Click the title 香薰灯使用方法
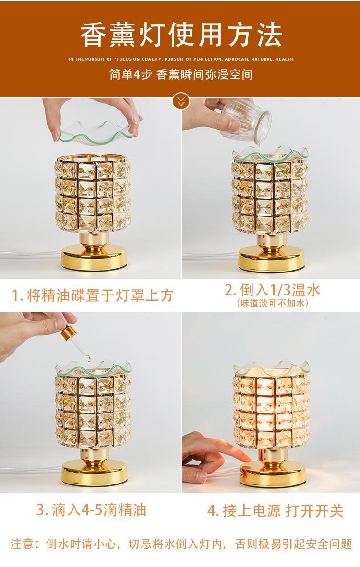pos(181,35)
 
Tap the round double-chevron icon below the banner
pos(181,101)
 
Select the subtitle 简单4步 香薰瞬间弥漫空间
pos(181,75)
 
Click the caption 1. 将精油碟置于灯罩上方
pos(92,295)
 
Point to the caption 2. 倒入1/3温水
pos(272,290)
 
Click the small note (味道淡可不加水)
pos(272,303)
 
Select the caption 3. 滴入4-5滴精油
pos(91,510)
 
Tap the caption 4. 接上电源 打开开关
pos(275,511)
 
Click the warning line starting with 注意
pos(181,544)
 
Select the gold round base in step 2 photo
pos(271,260)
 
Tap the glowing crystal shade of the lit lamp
pos(272,410)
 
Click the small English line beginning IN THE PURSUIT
pos(181,59)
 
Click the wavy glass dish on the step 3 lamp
pos(94,369)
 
